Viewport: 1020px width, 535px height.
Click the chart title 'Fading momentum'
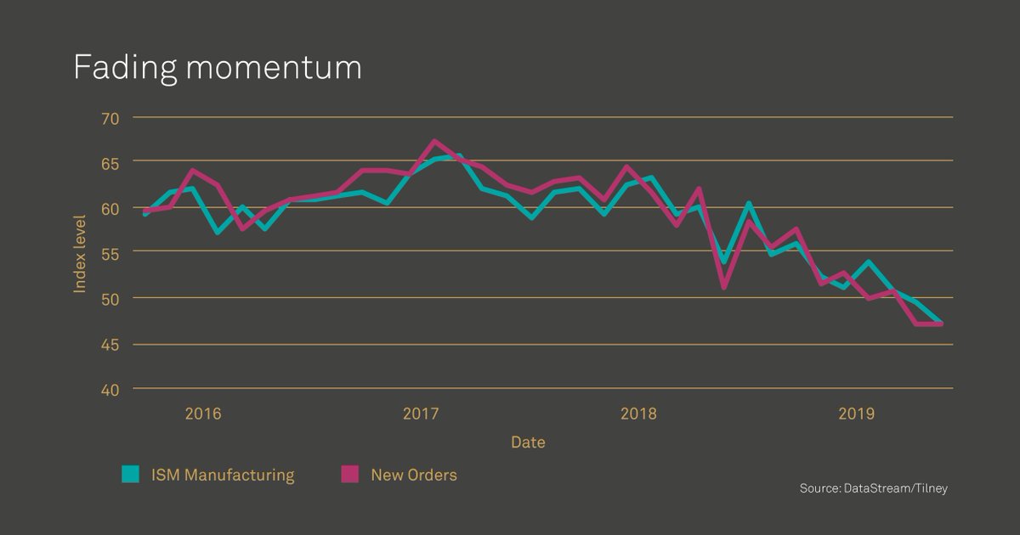pos(218,67)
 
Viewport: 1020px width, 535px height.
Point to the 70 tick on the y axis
pos(110,117)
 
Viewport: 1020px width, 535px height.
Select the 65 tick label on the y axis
pos(110,161)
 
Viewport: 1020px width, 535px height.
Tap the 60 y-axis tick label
pos(110,207)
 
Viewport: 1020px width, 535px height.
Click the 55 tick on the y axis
pos(110,252)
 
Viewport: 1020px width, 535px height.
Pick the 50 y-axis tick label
pos(110,298)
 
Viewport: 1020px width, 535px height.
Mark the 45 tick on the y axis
pos(110,344)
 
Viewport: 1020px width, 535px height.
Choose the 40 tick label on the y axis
pos(110,389)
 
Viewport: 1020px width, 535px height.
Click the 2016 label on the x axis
pos(202,414)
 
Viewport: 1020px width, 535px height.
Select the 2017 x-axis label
pos(420,414)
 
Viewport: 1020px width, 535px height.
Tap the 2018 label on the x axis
pos(638,414)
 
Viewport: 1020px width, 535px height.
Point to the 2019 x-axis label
pos(856,414)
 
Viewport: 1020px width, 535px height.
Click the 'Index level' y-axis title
pos(80,252)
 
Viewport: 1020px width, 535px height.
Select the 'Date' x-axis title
pos(528,442)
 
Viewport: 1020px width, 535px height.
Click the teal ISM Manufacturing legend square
pos(130,475)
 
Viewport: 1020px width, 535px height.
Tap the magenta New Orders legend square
pos(350,475)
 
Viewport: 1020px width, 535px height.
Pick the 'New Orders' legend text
pos(414,476)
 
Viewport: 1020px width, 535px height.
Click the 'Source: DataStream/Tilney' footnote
pos(873,488)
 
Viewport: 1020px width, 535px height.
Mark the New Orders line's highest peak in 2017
pos(434,142)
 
